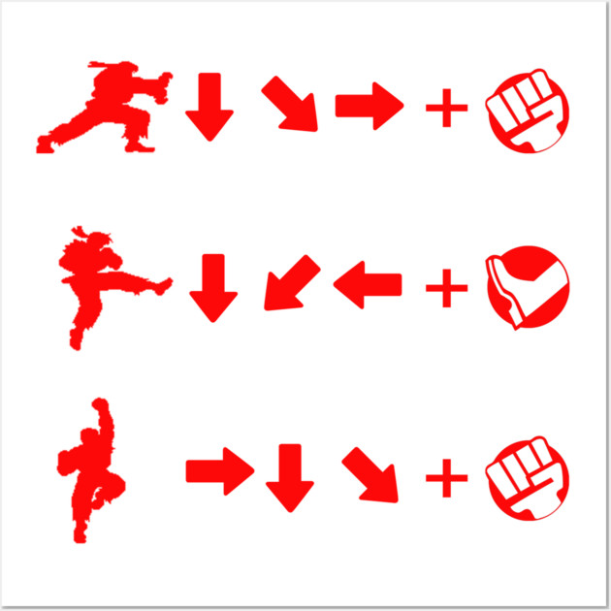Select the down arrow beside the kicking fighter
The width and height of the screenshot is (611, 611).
coord(212,287)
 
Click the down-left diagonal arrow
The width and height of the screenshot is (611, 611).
coord(290,283)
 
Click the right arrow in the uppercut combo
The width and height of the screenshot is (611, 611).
coord(219,471)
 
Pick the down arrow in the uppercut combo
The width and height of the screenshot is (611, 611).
coord(289,476)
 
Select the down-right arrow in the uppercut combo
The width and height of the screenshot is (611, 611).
coord(370,474)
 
